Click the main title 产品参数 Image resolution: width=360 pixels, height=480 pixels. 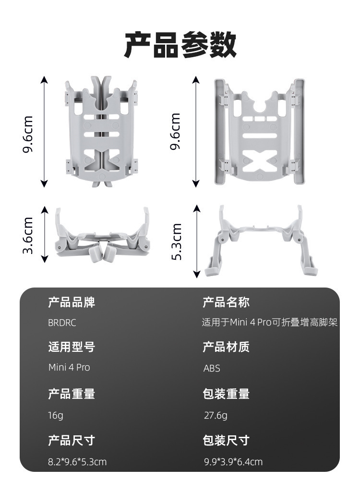click(x=180, y=45)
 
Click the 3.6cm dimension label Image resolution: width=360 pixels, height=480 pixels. click(x=28, y=235)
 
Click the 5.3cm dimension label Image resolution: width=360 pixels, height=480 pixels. click(x=176, y=241)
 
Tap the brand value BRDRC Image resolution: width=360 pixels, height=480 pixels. click(x=62, y=323)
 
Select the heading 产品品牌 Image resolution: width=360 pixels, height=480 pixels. click(x=72, y=302)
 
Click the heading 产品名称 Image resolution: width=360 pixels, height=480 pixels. click(x=226, y=302)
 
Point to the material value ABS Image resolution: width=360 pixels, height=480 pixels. click(x=212, y=368)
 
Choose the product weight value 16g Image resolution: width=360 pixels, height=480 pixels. click(x=56, y=415)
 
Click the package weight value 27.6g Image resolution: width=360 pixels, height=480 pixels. click(x=216, y=415)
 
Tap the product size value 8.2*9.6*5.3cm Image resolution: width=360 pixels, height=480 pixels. click(x=77, y=462)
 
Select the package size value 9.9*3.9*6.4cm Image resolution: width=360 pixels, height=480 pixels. click(x=233, y=462)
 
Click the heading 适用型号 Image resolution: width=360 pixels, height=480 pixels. click(x=72, y=347)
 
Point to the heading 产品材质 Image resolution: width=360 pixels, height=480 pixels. click(x=226, y=347)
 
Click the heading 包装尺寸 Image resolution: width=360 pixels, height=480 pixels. click(x=226, y=441)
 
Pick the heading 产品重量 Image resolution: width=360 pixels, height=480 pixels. click(x=72, y=394)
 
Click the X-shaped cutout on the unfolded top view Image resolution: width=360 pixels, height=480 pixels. click(x=260, y=160)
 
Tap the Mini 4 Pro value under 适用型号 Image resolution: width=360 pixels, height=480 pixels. click(x=69, y=367)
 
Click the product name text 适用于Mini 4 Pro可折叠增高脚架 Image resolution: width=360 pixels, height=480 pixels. click(x=270, y=323)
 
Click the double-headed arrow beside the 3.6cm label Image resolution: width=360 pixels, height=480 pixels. click(x=45, y=235)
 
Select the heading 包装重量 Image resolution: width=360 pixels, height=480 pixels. click(x=226, y=394)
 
